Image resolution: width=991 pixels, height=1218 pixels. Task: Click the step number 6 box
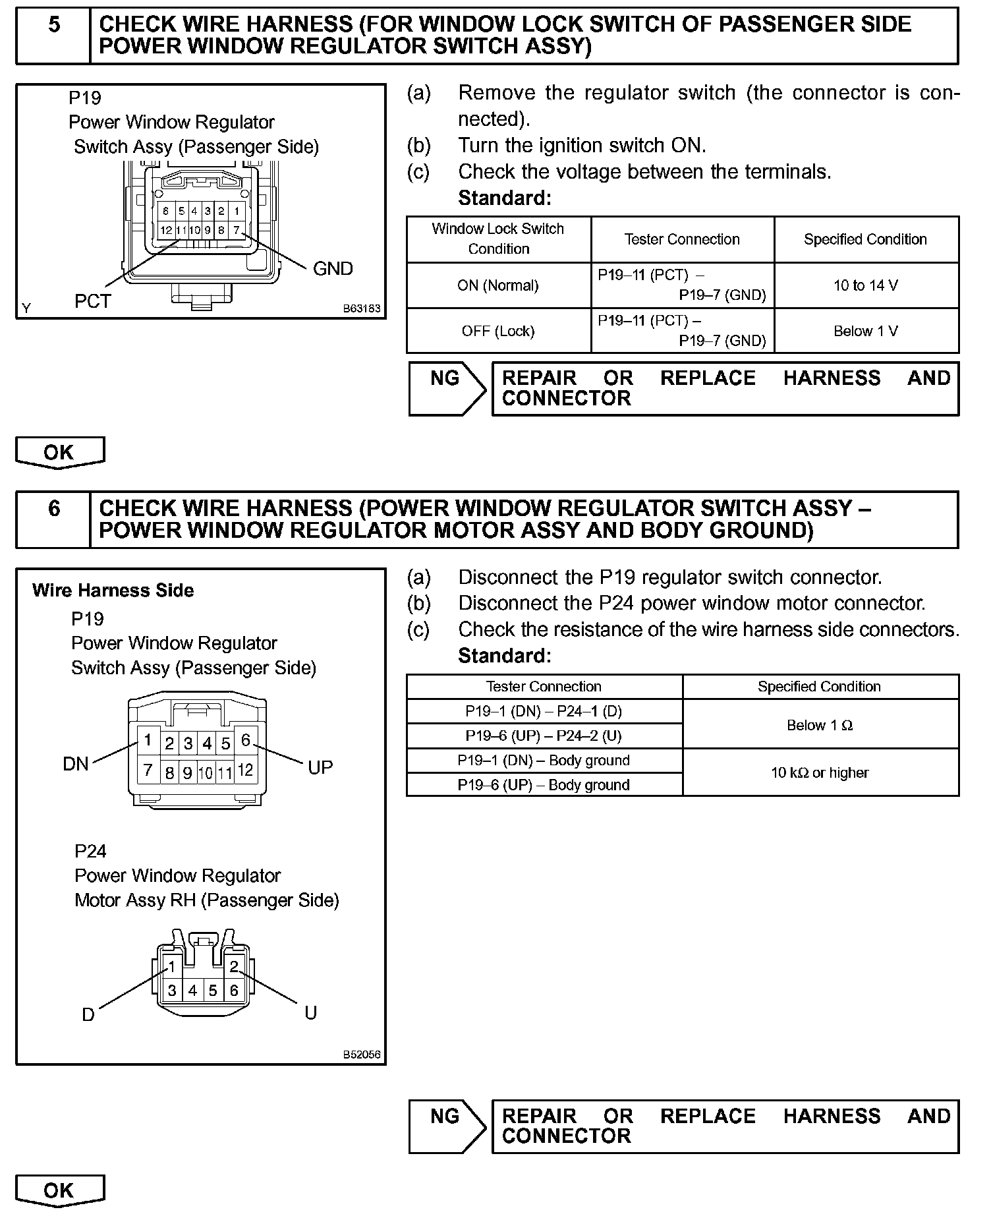(x=53, y=519)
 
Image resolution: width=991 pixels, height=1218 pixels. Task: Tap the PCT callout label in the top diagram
(x=92, y=301)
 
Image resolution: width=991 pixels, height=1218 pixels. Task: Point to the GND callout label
(x=333, y=268)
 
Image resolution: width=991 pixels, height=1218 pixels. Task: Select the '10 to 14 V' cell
(x=865, y=285)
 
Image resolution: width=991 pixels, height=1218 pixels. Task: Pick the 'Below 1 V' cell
(x=865, y=331)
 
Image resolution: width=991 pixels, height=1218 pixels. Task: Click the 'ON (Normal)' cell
(x=498, y=285)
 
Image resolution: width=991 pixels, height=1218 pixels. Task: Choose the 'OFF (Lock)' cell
(x=498, y=331)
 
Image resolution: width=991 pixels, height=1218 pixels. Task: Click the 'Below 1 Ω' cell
(x=820, y=725)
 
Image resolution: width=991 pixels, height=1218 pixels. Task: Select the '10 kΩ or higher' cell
(x=820, y=772)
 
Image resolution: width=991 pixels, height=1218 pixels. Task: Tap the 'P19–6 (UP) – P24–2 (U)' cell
(x=544, y=736)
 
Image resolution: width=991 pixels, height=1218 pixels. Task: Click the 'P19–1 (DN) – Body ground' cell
(x=544, y=761)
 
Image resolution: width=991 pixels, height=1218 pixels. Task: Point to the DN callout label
(x=75, y=764)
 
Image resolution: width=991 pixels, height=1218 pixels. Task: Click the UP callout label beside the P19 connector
(x=320, y=767)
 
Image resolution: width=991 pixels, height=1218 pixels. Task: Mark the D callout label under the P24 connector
(x=88, y=1014)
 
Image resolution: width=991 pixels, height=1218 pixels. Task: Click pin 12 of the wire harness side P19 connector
(x=245, y=770)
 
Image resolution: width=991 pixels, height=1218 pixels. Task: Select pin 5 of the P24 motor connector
(x=213, y=990)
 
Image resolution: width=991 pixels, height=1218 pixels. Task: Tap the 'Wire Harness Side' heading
(x=113, y=591)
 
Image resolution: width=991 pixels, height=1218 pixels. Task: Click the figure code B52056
(x=362, y=1055)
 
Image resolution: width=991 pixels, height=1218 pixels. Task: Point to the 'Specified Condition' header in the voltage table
(x=865, y=239)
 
